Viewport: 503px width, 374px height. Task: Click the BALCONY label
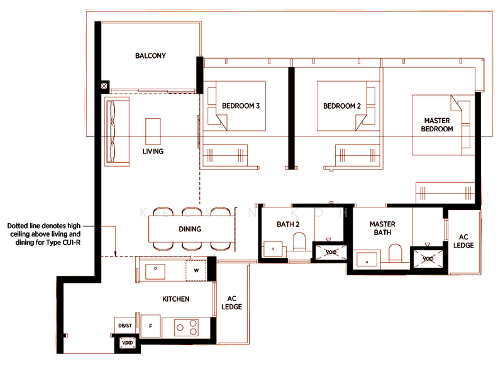pos(150,56)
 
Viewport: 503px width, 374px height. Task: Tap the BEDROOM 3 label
pos(241,106)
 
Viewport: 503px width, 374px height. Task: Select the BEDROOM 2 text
pos(342,106)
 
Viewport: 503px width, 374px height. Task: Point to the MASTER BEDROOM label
pos(437,125)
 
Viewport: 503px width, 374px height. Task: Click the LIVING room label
pos(153,151)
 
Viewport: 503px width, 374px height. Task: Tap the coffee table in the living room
pos(153,131)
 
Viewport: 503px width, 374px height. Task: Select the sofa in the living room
pos(117,131)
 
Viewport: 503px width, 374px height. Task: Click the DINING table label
pos(190,229)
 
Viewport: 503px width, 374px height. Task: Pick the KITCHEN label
pos(176,299)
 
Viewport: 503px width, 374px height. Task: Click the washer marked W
pos(196,271)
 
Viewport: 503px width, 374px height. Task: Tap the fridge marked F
pos(150,326)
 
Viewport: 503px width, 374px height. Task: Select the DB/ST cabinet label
pos(124,326)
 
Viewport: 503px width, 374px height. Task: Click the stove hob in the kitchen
pos(186,327)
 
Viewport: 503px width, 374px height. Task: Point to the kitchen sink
pos(155,272)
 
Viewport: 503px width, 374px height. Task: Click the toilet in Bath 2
pos(299,242)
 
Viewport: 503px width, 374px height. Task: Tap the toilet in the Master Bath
pos(395,253)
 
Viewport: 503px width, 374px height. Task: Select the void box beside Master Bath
pos(428,258)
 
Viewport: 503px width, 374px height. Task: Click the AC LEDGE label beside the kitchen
pos(231,303)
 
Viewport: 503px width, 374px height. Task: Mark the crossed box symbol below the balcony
pos(104,86)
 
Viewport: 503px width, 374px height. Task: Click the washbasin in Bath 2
pos(273,249)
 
